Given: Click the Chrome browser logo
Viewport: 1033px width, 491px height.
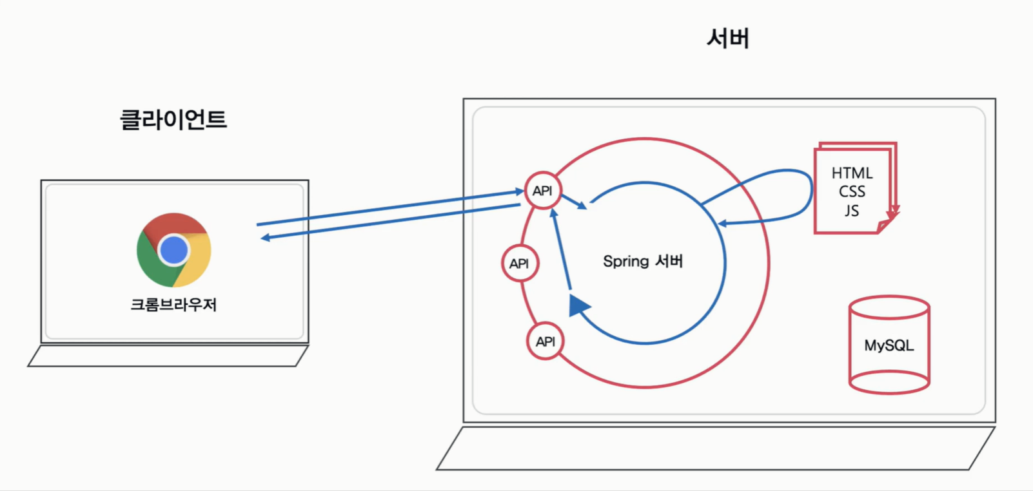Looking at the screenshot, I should tap(173, 250).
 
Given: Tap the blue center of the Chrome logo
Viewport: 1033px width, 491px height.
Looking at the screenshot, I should tap(173, 250).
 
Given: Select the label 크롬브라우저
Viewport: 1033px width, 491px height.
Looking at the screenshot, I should tap(173, 305).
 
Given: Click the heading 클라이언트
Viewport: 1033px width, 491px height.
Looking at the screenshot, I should tap(173, 120).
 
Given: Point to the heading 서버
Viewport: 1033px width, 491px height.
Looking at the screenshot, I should tap(728, 39).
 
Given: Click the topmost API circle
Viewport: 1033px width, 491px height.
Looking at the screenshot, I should tap(542, 191).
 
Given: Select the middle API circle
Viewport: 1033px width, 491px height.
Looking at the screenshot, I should tap(520, 264).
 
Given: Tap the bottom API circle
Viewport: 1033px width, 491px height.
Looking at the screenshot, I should tap(545, 342).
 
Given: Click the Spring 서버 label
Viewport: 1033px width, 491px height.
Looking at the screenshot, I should tap(642, 262).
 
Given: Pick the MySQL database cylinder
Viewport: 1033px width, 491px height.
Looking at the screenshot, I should tap(889, 345).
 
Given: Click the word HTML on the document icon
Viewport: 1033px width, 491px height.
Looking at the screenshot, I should tap(852, 173).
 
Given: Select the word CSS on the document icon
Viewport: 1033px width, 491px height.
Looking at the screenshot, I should tap(852, 192).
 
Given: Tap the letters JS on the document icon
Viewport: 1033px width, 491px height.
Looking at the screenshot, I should tap(852, 211).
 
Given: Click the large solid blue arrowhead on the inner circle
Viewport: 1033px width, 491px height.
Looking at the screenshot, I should tap(578, 305).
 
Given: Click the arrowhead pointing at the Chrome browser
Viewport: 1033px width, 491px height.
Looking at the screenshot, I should tap(265, 238).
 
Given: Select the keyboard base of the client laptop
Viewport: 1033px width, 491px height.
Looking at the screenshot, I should tap(168, 356).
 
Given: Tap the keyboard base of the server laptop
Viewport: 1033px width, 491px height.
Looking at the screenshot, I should tap(716, 448).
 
